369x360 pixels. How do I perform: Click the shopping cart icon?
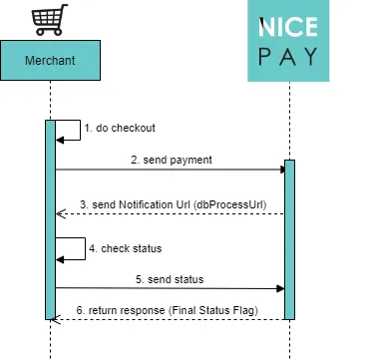pos(50,18)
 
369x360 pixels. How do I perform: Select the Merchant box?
pos(50,61)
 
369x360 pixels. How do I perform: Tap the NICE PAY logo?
pos(288,41)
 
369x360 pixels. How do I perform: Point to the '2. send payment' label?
pos(171,160)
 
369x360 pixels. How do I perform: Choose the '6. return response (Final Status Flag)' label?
pos(167,310)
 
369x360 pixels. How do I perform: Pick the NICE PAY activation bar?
pos(289,239)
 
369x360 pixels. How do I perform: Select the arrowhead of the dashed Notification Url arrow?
pos(60,213)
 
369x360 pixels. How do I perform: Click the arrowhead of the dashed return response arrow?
pos(60,319)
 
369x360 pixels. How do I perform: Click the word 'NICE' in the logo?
pos(288,27)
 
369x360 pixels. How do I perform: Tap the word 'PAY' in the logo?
pos(288,57)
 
